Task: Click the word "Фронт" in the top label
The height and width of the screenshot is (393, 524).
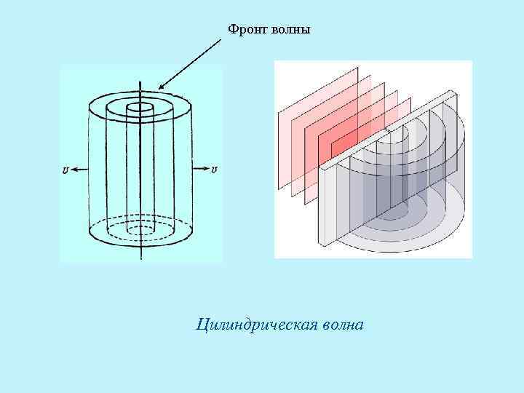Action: coord(245,29)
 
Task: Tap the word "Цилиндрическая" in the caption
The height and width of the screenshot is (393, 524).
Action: coord(255,324)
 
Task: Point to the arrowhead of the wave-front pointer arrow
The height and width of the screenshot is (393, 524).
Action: coord(160,88)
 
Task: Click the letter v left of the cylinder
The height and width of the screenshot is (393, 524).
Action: coord(66,170)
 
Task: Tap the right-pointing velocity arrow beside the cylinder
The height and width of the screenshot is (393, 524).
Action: coord(199,170)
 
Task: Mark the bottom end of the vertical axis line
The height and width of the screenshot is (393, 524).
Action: coord(139,258)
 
